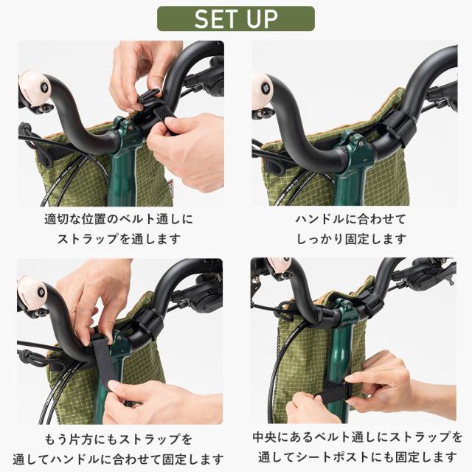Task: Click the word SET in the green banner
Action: coord(219,18)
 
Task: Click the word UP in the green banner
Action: coord(262,18)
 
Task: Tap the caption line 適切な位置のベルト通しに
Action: coord(119,220)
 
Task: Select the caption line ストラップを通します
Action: coord(119,239)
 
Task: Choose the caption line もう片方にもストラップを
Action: coord(119,440)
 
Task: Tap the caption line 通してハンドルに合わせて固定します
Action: coord(119,459)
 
